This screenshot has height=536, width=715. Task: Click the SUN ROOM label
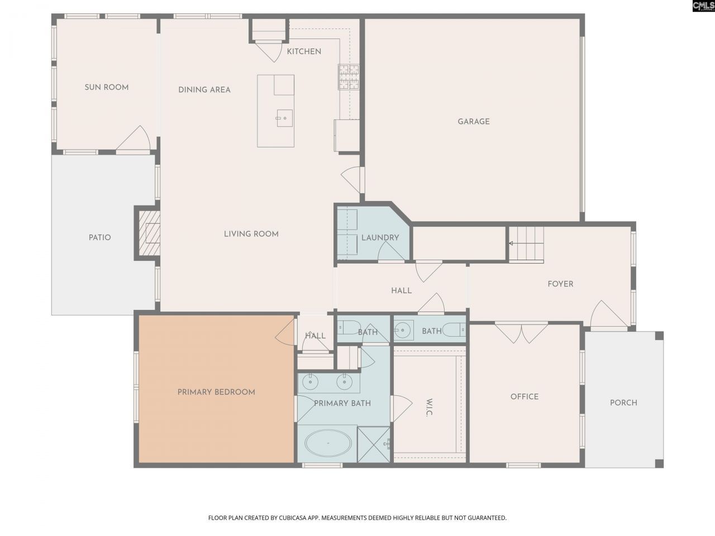[x=107, y=87]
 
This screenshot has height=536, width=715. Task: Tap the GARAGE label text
[x=474, y=121]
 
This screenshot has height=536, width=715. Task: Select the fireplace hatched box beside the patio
[x=150, y=233]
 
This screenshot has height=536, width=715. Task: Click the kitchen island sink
[x=284, y=118]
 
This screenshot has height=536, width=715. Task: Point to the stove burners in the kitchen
[x=349, y=77]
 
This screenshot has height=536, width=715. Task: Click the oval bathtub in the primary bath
[x=328, y=443]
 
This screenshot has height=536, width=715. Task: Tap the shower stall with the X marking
[x=374, y=444]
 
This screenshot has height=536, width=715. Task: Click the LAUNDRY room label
[x=380, y=238]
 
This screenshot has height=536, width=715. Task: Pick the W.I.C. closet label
[x=428, y=408]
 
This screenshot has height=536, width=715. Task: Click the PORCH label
[x=623, y=403]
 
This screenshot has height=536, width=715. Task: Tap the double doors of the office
[x=521, y=333]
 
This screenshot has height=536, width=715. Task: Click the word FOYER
[x=560, y=284]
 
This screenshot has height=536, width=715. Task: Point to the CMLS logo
[x=704, y=6]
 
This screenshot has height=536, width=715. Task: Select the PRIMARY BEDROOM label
[x=216, y=392]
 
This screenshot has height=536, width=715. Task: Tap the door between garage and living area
[x=353, y=180]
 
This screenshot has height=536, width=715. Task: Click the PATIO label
[x=99, y=238]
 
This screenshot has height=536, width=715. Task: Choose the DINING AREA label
[x=204, y=90]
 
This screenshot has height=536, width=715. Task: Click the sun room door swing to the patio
[x=134, y=138]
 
